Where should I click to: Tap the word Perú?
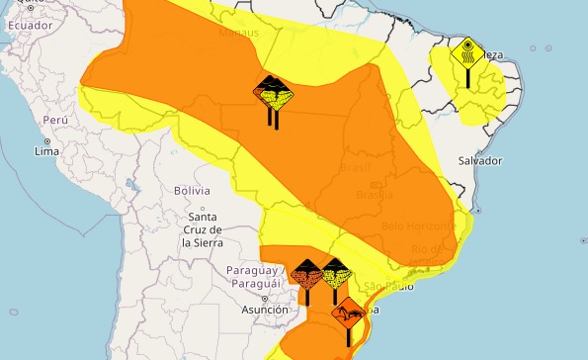[x=54, y=119]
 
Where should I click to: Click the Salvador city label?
[x=482, y=160]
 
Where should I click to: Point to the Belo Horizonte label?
[x=414, y=225]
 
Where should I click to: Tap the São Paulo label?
[x=386, y=287]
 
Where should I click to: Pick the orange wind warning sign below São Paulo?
[x=348, y=315]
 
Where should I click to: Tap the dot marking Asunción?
[x=264, y=297]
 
